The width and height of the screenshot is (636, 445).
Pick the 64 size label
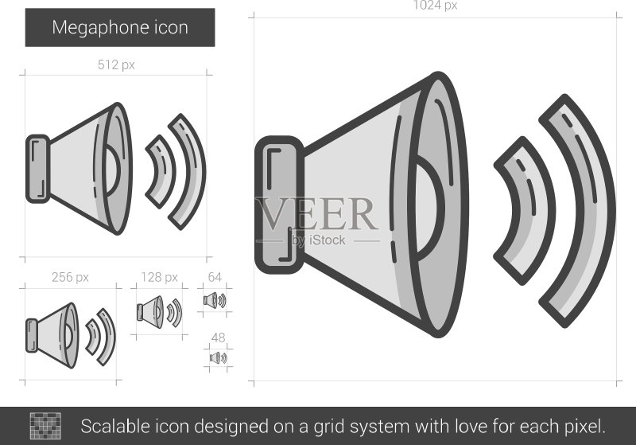click(x=215, y=277)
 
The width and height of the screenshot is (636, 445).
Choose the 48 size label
click(x=218, y=338)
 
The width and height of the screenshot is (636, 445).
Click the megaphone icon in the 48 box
click(x=218, y=357)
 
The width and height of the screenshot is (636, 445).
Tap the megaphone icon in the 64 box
click(x=215, y=300)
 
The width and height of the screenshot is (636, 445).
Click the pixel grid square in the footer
click(x=45, y=426)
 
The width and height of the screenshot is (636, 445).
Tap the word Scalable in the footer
click(x=115, y=427)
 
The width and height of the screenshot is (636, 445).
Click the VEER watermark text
click(x=317, y=214)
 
